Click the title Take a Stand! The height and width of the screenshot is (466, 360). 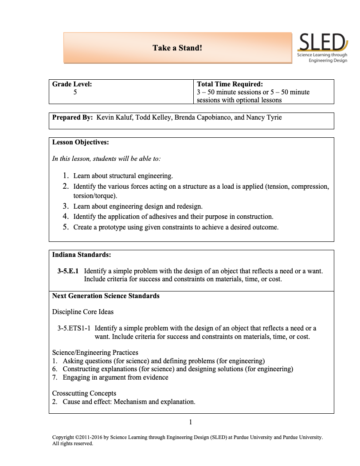[177, 47]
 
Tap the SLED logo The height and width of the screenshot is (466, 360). [322, 48]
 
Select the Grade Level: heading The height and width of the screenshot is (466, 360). [72, 84]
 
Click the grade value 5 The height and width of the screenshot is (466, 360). [75, 92]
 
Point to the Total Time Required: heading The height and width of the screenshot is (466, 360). [230, 84]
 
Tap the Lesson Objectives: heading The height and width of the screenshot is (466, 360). [80, 142]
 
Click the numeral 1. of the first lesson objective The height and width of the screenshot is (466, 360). [66, 175]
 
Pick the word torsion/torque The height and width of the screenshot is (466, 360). [95, 195]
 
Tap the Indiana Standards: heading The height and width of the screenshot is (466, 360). [82, 255]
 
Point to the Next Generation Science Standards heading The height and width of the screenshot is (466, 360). [106, 295]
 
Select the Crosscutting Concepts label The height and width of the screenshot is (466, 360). [84, 393]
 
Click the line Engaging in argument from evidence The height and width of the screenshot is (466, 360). [115, 377]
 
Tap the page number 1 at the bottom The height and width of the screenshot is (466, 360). [191, 422]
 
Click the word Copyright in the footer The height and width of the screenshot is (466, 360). [63, 437]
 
